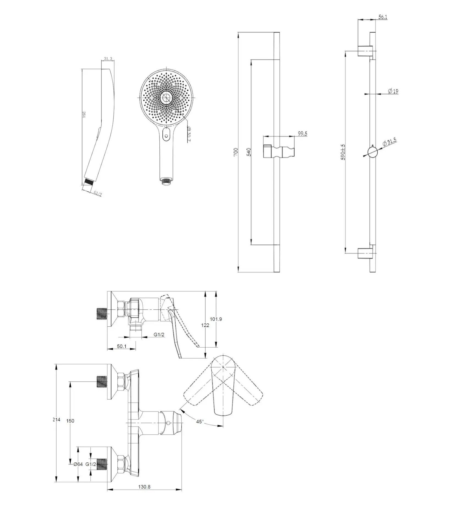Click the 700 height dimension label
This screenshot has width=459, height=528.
point(236,152)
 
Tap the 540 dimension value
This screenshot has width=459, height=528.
point(249,152)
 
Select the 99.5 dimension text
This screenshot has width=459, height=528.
point(303,134)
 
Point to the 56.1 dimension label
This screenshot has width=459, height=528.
point(383,17)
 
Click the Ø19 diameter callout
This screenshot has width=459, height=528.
point(393,91)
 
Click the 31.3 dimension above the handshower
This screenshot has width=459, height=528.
point(108,59)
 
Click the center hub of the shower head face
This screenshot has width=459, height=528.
point(166,98)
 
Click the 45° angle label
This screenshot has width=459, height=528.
point(200,422)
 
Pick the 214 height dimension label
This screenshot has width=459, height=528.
point(57,420)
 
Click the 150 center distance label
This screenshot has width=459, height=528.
point(70,421)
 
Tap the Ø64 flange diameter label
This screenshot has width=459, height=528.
point(78,464)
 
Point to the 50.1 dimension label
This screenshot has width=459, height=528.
point(121,346)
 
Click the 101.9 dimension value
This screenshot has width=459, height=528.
point(216,319)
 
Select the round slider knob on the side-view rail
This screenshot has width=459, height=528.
point(372,152)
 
